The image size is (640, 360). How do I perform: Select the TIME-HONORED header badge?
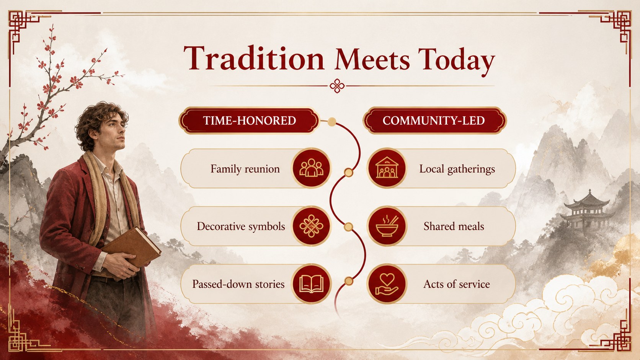[x=249, y=121]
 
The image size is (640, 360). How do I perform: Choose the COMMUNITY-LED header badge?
[x=434, y=121]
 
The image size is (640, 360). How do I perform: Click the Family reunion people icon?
[x=311, y=168]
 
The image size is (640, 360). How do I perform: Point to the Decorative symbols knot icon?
[x=311, y=226]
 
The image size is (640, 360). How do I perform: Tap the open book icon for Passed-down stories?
[x=311, y=284]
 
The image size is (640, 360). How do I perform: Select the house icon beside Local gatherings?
[x=387, y=168]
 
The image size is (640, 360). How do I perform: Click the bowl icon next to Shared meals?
[x=387, y=226]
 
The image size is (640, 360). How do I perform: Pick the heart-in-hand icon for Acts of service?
[x=387, y=284]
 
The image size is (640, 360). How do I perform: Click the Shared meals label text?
[x=454, y=226]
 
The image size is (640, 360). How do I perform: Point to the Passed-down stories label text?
[x=238, y=284]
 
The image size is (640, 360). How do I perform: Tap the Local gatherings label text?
[x=457, y=169]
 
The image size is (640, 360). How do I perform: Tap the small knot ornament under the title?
[x=337, y=86]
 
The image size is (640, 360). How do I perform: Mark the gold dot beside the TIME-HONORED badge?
[x=332, y=122]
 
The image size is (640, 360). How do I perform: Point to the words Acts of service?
[x=457, y=284]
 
